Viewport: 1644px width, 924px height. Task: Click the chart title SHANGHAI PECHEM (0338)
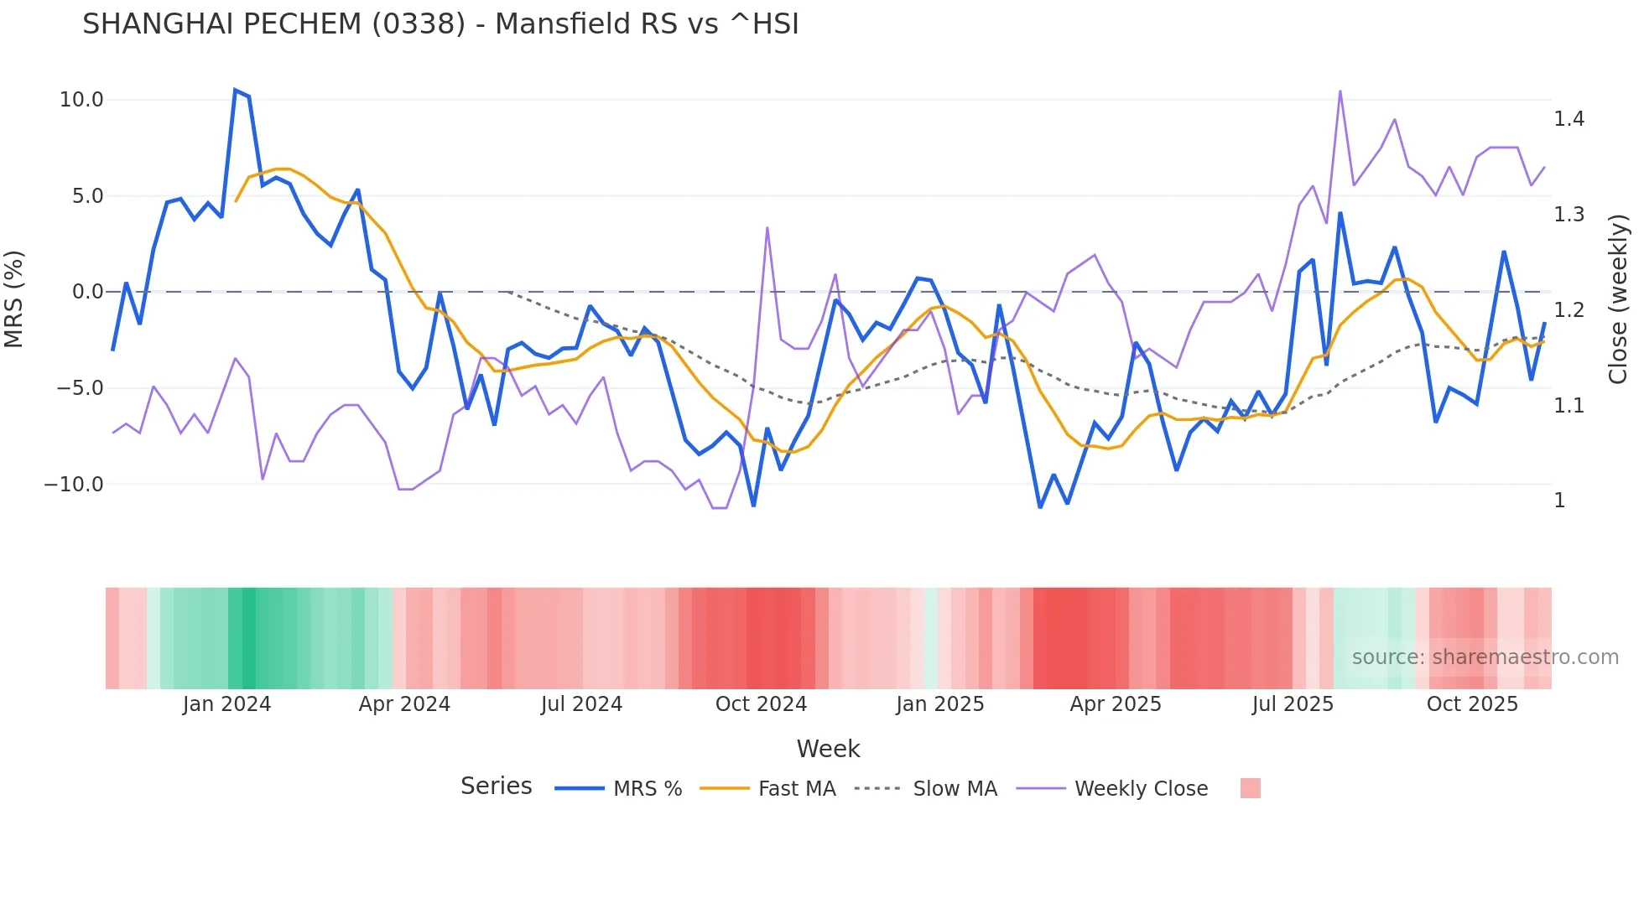(440, 23)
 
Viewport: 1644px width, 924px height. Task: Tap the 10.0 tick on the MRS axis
(81, 100)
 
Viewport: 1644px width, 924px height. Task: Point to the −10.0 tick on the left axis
(74, 485)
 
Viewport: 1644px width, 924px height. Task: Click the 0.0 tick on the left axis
(87, 292)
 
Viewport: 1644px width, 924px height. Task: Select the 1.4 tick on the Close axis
(1569, 119)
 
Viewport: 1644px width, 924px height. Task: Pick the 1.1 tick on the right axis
(1569, 406)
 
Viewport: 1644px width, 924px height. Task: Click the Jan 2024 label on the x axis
(226, 704)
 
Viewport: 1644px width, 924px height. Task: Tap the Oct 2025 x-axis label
(1472, 704)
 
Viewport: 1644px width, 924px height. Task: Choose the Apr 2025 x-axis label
(1115, 704)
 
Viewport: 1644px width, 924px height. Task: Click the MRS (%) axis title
(14, 298)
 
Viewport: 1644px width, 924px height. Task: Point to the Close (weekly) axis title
(1618, 298)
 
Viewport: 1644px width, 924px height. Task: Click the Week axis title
(828, 749)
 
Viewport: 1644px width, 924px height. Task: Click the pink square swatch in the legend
(1250, 788)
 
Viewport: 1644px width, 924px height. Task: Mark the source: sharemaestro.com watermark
(1485, 657)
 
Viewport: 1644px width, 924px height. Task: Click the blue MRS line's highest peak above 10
(235, 90)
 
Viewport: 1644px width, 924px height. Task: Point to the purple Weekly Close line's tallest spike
(1340, 91)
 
